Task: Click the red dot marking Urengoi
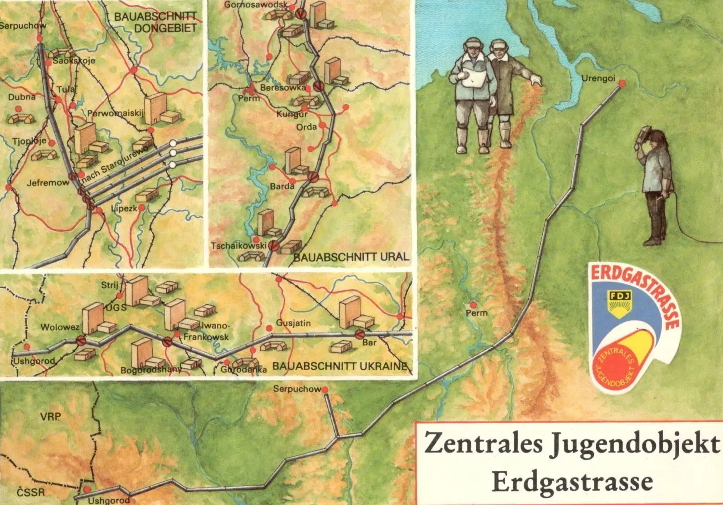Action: coord(622,83)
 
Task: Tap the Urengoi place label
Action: coord(598,78)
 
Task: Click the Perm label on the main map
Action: coord(476,313)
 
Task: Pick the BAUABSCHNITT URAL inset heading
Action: coord(351,257)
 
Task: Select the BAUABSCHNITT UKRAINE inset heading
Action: coord(340,366)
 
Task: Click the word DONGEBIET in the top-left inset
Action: coord(165,28)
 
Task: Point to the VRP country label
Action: coord(51,417)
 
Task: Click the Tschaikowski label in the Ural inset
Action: coord(238,246)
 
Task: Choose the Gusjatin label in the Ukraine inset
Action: coord(293,323)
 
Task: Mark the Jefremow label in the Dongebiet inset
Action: coord(48,183)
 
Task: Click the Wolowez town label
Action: coord(60,327)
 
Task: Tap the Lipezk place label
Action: coord(124,209)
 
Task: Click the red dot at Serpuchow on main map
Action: coord(325,389)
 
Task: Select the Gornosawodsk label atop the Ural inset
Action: coord(255,5)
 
